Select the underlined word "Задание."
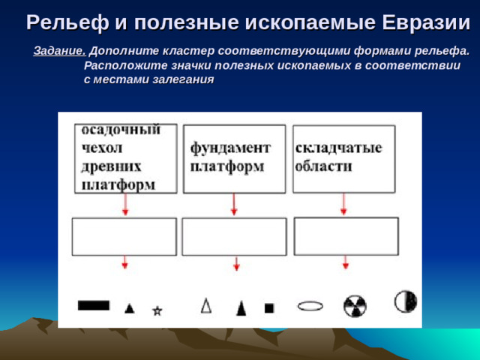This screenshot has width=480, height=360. pos(60,52)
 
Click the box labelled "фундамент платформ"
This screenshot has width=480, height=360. pos(234,158)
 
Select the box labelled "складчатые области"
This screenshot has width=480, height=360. pos(343,158)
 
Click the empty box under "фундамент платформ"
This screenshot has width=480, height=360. pos(234,237)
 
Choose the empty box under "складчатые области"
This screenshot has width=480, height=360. pos(346,236)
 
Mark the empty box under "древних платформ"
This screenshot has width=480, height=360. pos(124,237)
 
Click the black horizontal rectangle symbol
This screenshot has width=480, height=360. pos(94,305)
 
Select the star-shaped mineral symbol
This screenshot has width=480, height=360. pos(157,310)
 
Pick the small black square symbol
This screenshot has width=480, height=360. pos(269,307)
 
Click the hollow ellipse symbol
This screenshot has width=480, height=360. pos(310,305)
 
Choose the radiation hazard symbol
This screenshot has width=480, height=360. pos(355,306)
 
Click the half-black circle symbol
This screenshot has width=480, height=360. pos(406,301)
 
